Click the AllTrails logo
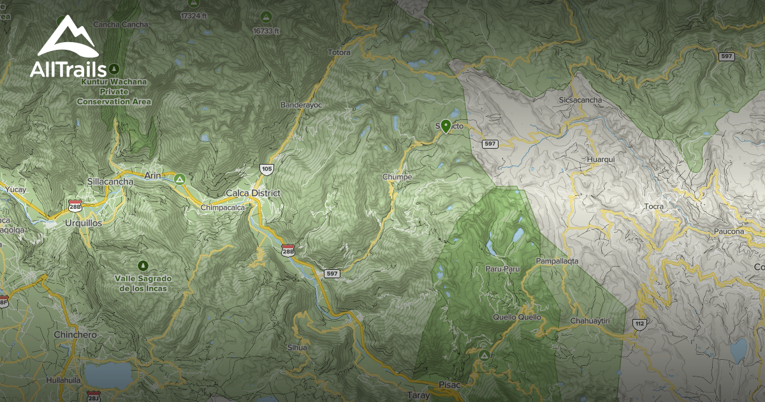67,48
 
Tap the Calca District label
253,193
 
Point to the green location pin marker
446,124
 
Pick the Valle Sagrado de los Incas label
143,283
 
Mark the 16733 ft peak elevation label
266,30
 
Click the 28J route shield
94,396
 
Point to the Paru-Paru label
502,269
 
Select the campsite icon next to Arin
180,179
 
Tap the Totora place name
339,52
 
